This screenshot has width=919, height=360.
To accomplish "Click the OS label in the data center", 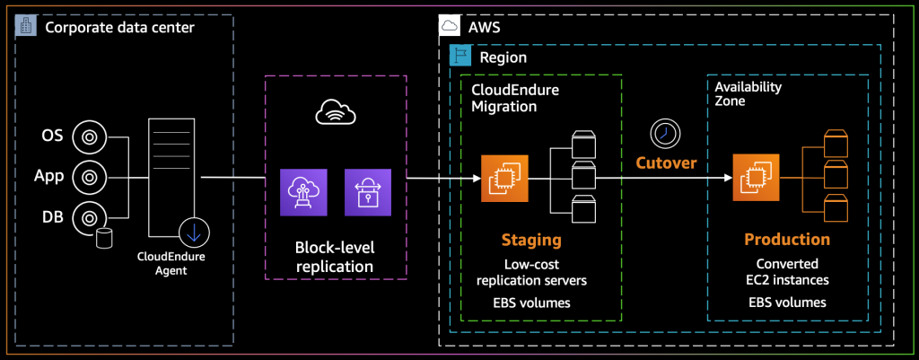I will [52, 137].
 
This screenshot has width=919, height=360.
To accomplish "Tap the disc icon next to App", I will [89, 175].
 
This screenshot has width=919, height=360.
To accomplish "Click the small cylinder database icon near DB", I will [104, 237].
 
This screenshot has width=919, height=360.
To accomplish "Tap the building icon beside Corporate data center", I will [25, 27].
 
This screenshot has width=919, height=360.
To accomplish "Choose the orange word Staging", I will [532, 241].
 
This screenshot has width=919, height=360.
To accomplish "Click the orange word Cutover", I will [665, 163].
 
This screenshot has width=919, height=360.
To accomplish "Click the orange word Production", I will [787, 241].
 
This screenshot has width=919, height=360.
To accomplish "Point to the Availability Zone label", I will [748, 94].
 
